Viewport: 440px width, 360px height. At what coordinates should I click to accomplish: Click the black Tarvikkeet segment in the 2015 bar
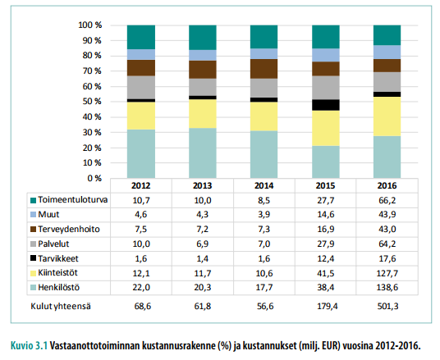[326, 105]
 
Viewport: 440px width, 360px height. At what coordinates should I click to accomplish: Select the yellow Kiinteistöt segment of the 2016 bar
[387, 116]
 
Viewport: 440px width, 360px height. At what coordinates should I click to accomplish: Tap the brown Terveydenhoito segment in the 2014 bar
[264, 69]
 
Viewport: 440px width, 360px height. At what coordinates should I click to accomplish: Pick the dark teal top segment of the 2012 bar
[141, 37]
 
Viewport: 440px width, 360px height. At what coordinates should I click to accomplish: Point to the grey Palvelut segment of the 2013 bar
[202, 87]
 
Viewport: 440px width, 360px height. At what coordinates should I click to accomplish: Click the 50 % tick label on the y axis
[92, 101]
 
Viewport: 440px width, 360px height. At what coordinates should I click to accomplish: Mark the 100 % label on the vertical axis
[89, 25]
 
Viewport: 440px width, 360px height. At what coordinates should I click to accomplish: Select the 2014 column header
[264, 185]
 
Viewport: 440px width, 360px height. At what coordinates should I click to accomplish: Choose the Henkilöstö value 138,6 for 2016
[387, 287]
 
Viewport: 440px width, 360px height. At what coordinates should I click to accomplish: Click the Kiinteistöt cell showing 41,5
[326, 273]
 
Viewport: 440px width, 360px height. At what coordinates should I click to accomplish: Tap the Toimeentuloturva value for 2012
[141, 200]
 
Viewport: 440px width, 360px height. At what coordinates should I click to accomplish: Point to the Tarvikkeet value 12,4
[326, 258]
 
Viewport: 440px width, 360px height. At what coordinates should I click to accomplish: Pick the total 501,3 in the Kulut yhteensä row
[387, 306]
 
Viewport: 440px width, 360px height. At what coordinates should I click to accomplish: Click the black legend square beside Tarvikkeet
[33, 258]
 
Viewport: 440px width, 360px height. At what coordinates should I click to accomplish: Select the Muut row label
[48, 215]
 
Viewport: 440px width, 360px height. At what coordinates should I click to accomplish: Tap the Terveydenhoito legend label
[69, 229]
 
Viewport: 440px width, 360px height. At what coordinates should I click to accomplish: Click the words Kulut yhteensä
[61, 306]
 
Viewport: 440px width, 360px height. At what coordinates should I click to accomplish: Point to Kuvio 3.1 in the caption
[30, 345]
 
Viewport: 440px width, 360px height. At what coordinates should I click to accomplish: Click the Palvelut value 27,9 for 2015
[326, 244]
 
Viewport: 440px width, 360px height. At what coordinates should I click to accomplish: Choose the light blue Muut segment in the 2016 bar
[387, 52]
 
